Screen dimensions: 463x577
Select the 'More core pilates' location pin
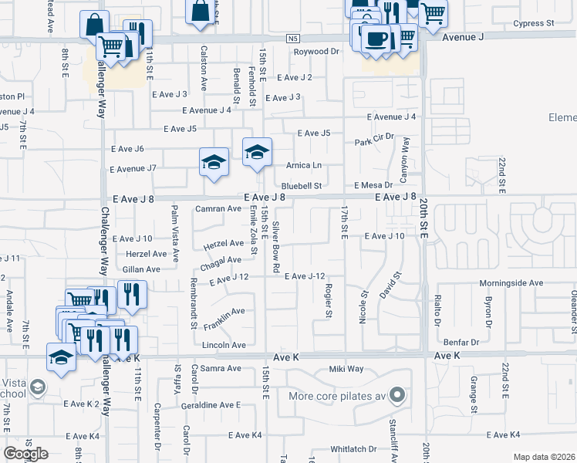tap(397, 396)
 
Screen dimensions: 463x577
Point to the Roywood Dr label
tap(316, 52)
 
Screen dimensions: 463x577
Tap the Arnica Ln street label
tap(303, 165)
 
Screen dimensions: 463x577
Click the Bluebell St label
tap(301, 185)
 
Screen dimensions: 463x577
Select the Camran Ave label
tap(218, 208)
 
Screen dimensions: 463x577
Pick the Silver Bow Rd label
tap(275, 245)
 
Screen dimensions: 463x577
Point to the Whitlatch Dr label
tap(353, 448)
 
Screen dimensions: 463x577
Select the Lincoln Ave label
tap(224, 345)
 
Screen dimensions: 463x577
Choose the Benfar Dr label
tap(461, 341)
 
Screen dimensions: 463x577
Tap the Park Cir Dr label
tap(374, 140)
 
